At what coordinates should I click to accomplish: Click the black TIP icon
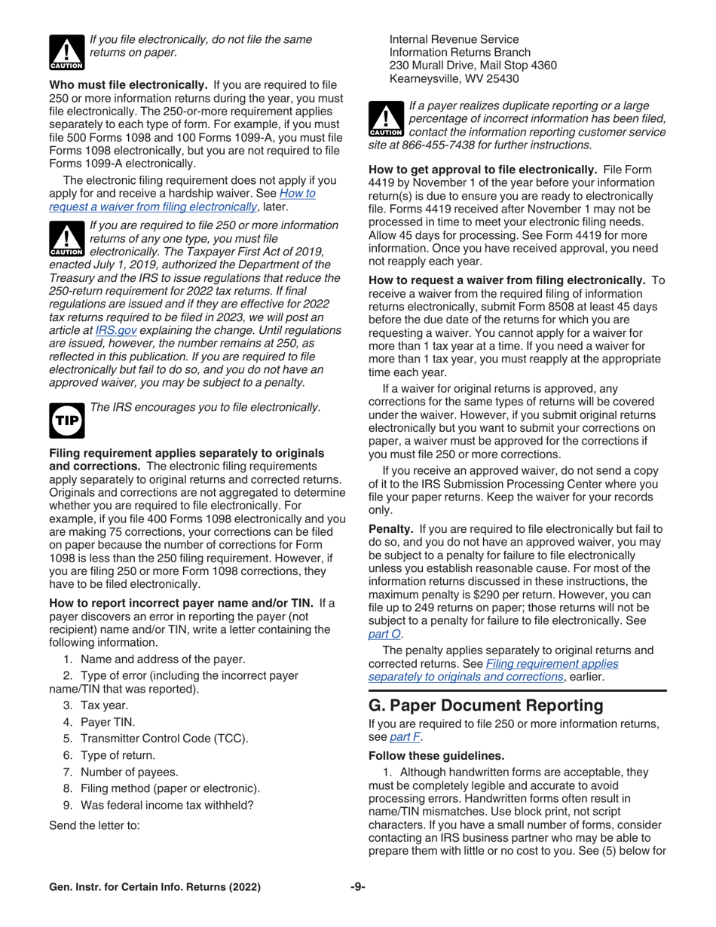click(66, 421)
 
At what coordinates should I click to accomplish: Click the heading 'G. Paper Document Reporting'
click(497, 706)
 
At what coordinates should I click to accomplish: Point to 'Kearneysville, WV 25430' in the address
click(454, 78)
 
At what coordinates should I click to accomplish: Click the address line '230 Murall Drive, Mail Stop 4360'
click(473, 65)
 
